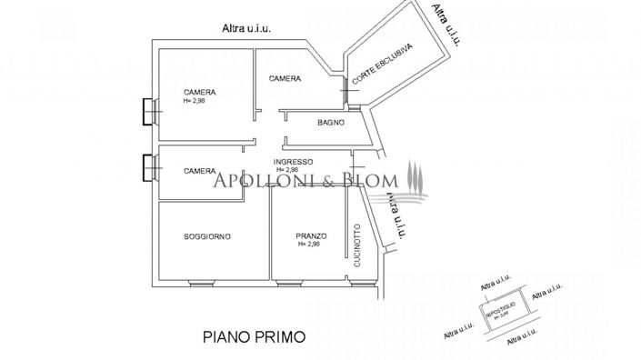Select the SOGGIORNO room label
coord(207,236)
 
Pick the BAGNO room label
coord(331,123)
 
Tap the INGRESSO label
coord(294,162)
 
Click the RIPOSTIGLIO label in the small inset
coord(501,308)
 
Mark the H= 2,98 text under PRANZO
coord(309,245)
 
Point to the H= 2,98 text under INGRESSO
coord(286,170)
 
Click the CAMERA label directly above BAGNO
coord(285,79)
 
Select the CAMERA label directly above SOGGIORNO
coord(199,171)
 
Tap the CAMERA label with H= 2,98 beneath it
coord(199,93)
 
